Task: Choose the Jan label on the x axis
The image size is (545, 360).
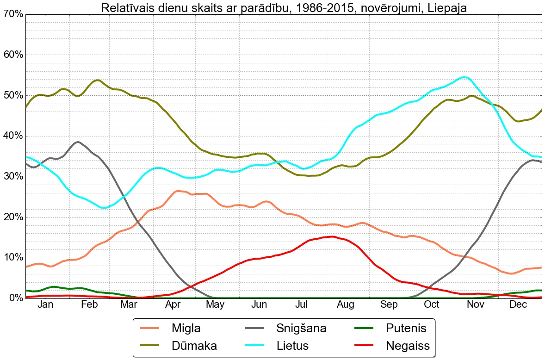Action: click(45, 304)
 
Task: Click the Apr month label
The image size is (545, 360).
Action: click(173, 304)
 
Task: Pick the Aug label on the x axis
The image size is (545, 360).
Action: click(346, 304)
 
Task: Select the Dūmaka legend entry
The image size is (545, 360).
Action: click(194, 345)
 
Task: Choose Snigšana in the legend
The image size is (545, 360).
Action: click(301, 329)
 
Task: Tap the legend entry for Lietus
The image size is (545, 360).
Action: click(292, 345)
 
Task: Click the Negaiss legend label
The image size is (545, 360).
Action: click(408, 345)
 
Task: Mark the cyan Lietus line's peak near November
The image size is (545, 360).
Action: click(464, 77)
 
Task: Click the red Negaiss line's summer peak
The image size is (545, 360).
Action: click(332, 236)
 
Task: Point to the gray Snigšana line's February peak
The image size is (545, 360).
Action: click(78, 142)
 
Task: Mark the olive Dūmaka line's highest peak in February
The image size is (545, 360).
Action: click(97, 80)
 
